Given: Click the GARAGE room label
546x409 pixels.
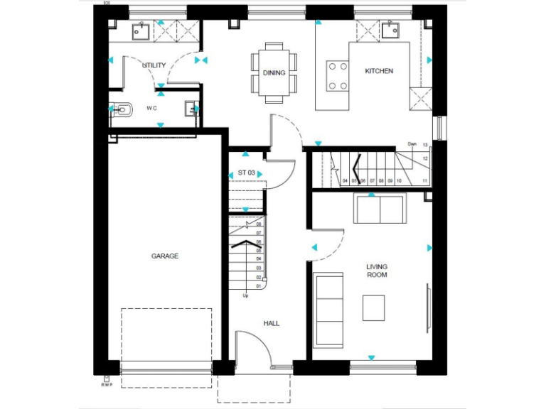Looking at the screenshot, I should point(164,256).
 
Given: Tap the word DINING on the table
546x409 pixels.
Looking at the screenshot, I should point(274,72).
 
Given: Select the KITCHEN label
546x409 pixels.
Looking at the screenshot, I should point(379,71).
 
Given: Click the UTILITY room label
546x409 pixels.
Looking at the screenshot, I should point(154,65).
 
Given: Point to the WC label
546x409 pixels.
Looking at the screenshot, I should point(151,109).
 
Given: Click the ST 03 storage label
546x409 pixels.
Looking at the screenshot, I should point(246,173).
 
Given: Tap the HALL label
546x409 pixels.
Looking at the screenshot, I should point(272,323).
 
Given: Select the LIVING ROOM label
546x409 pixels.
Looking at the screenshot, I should point(377,271).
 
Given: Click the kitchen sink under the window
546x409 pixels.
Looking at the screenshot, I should point(390,30).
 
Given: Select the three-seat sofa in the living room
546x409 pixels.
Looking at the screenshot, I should point(328,310).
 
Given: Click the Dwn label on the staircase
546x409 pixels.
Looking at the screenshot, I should point(412,144).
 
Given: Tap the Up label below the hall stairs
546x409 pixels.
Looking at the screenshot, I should point(246,295).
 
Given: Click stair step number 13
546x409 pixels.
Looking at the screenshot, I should point(425,145).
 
